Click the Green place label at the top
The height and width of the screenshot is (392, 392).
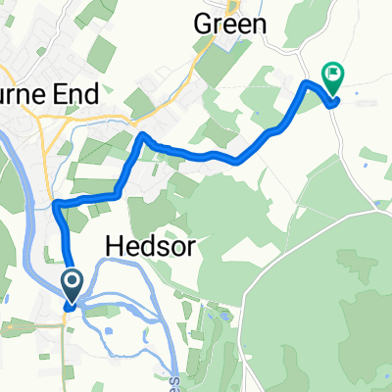[x=230, y=22]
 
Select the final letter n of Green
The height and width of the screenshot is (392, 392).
[x=258, y=22]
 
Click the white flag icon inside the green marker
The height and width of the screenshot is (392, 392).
[x=334, y=72]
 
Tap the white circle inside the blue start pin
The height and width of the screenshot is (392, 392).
[x=73, y=283]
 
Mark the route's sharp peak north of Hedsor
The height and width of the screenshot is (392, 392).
[x=142, y=134]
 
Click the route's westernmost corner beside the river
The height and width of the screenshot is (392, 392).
[x=55, y=203]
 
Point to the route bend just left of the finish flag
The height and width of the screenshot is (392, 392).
[x=306, y=86]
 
